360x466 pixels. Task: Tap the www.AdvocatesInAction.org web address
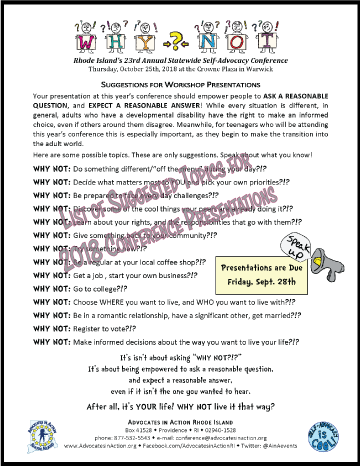(x=96, y=449)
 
